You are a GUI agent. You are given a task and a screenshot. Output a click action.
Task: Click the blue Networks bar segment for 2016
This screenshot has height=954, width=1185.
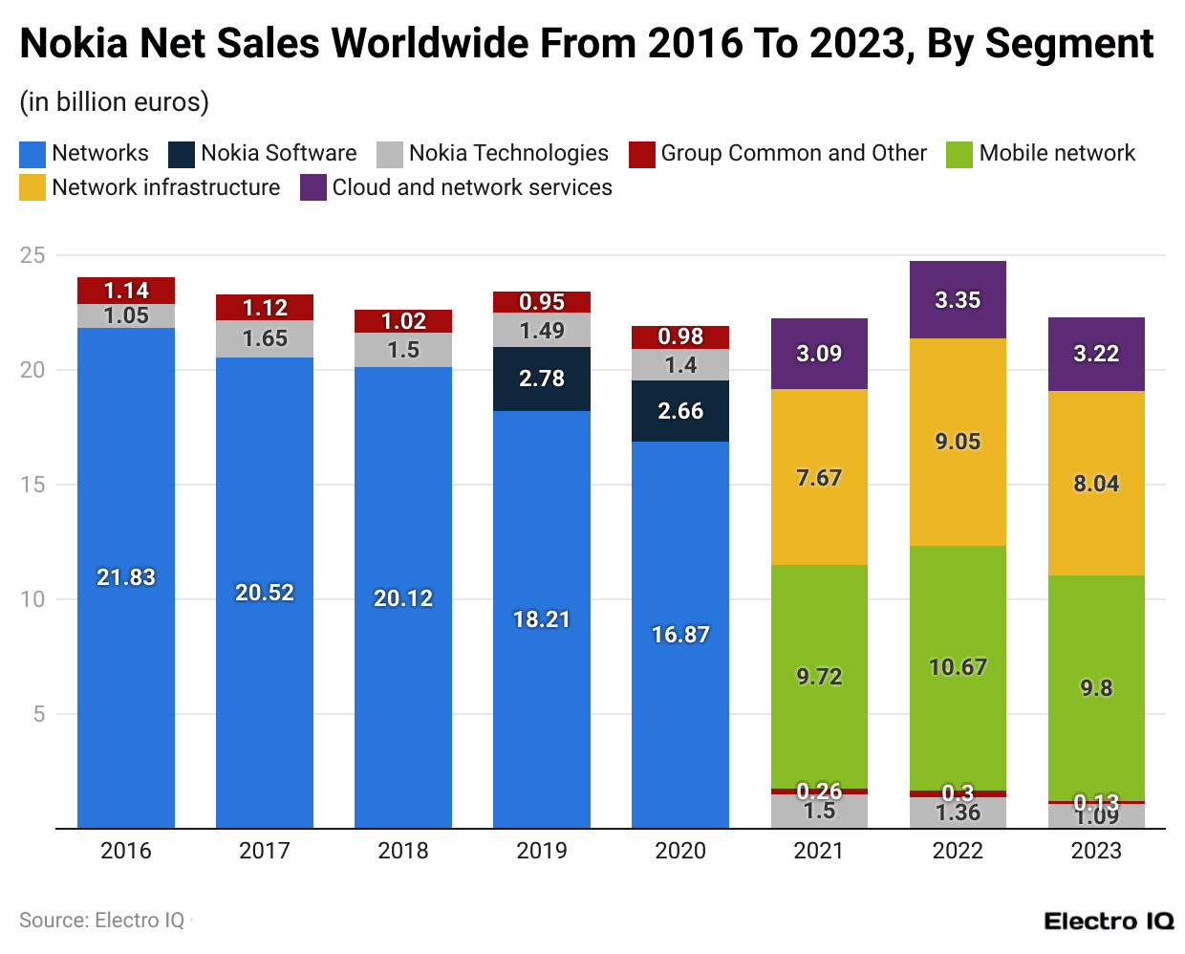coord(125,577)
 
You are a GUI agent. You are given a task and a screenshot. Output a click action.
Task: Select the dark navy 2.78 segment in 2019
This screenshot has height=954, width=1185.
coord(541,379)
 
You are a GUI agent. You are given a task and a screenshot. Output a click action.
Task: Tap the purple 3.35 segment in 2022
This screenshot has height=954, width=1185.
coord(958,299)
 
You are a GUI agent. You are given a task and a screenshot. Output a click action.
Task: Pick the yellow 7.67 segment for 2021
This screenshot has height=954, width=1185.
coord(819,477)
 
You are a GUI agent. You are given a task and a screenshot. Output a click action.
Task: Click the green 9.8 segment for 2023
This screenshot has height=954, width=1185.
coord(1096,687)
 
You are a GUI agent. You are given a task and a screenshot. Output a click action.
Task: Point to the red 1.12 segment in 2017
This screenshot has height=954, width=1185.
coord(265,308)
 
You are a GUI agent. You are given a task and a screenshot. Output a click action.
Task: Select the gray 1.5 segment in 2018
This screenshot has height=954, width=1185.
coord(403,350)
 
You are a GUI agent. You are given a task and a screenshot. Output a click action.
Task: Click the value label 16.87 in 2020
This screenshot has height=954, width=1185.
coord(680,635)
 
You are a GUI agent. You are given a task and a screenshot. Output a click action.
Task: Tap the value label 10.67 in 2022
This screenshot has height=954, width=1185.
coord(958,667)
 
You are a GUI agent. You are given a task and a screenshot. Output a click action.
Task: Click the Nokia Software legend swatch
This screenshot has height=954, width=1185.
coord(182,154)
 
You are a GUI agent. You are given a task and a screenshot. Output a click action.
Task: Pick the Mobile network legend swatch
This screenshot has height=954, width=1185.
coord(959,154)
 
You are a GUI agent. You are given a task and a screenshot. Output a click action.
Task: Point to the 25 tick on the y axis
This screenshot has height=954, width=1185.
coord(32,255)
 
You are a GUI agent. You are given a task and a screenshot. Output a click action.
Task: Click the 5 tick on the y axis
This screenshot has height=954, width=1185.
coord(39,714)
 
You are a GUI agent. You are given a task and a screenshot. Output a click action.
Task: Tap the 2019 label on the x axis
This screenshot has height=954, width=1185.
coord(541,851)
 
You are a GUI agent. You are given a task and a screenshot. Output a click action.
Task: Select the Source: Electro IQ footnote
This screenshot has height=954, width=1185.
coord(102,921)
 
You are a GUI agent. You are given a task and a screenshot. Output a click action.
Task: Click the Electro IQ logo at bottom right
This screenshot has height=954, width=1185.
coord(1108,921)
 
